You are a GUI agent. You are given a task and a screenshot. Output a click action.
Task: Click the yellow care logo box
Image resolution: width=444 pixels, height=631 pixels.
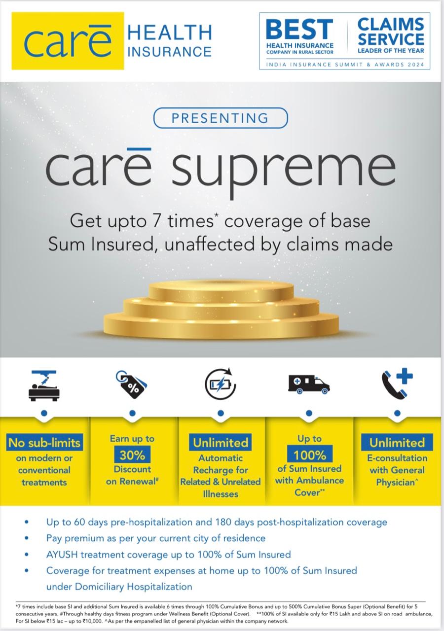(68, 40)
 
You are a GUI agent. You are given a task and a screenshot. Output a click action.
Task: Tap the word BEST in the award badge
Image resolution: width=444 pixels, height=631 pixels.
(299, 29)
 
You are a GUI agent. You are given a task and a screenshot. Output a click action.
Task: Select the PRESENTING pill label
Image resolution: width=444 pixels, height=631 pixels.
(221, 118)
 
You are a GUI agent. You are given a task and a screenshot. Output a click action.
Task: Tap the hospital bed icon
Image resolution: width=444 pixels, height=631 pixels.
(44, 386)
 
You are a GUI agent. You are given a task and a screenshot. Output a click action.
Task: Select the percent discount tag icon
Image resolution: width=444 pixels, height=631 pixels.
(131, 385)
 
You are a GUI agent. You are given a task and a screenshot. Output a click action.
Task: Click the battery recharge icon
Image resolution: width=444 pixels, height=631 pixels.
(221, 384)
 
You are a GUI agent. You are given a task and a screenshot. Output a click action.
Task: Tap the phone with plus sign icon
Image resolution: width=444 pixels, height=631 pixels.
(397, 384)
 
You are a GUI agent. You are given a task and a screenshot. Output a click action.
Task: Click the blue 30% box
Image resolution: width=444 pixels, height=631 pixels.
(132, 455)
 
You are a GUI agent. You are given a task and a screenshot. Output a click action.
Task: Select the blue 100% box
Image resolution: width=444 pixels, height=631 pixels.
(310, 455)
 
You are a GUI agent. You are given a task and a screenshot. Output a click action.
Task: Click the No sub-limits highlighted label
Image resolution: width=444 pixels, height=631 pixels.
(44, 443)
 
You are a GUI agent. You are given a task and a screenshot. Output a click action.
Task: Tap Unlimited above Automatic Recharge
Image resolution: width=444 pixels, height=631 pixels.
(221, 443)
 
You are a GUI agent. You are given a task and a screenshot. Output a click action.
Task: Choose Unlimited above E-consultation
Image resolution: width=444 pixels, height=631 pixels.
(397, 443)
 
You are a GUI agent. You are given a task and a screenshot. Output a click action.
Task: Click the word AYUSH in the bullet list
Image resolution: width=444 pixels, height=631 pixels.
(62, 554)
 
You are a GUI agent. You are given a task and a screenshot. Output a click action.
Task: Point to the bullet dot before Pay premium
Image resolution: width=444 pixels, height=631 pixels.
(27, 538)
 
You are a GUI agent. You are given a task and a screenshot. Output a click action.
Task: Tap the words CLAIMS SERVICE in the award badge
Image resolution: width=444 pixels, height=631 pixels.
(391, 32)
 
